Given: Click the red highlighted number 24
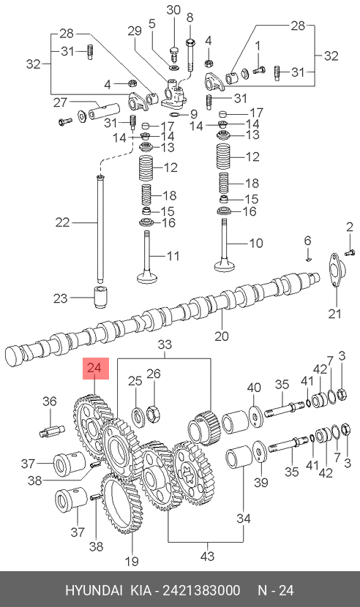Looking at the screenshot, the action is coord(94,368).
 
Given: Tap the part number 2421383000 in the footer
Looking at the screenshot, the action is coord(201,590).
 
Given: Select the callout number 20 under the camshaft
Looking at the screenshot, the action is coord(222,336).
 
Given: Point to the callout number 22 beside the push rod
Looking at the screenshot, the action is coord(62,222).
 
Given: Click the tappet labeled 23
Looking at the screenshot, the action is coord(102,298).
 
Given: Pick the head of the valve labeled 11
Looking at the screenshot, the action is coord(147,277).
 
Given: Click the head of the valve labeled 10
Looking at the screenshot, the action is coord(225,265).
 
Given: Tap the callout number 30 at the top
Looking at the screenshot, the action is coord(173,10).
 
